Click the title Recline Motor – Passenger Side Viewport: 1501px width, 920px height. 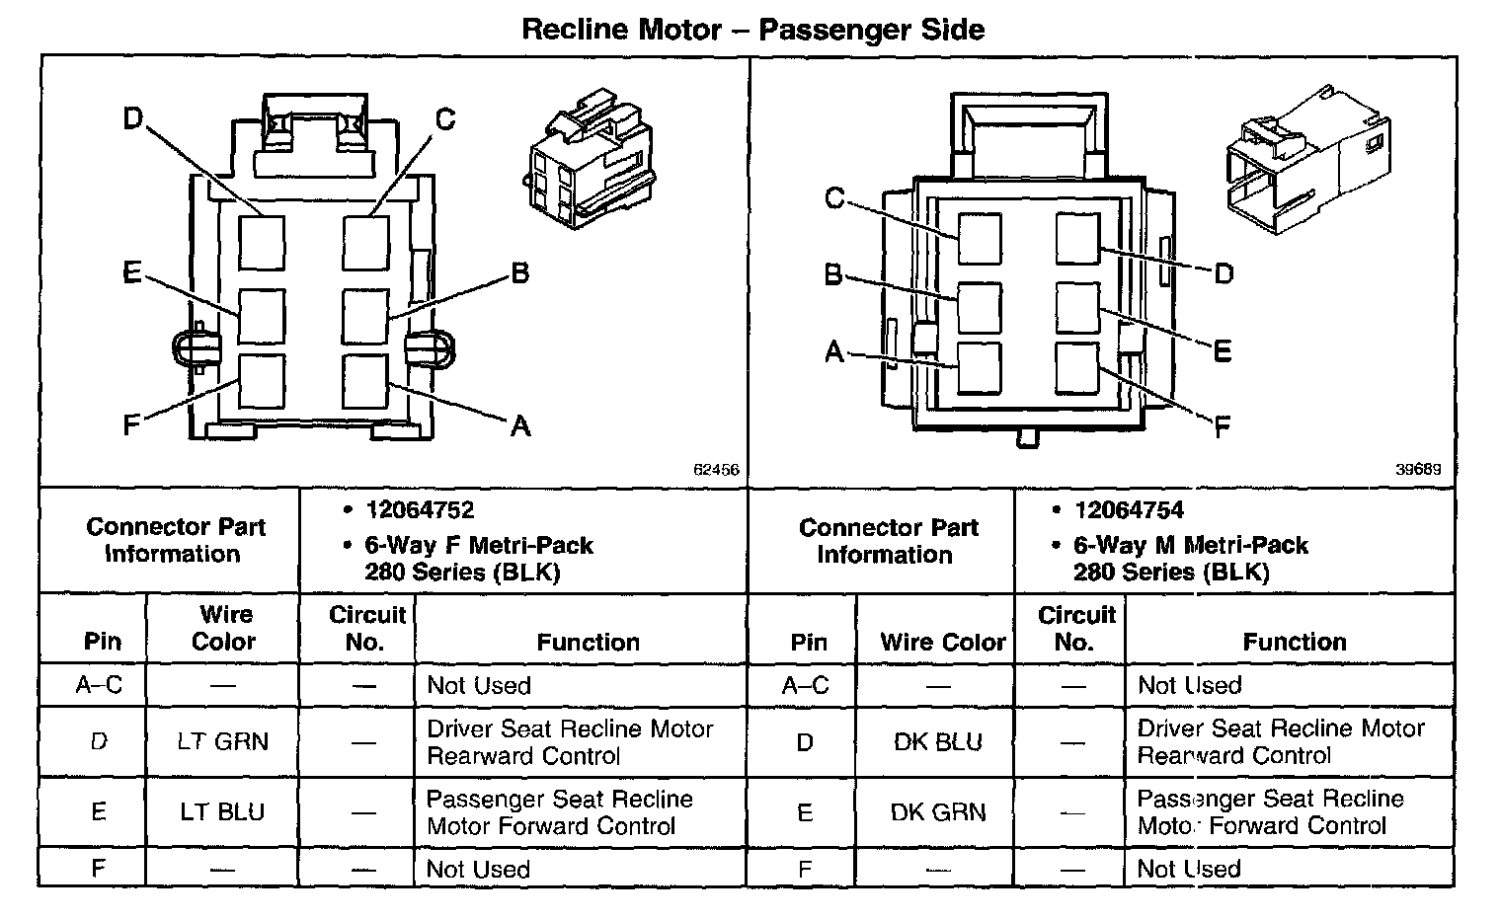[x=751, y=30]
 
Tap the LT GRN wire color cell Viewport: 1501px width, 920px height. [x=222, y=741]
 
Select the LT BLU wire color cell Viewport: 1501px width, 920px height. [x=222, y=811]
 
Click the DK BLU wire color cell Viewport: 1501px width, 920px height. [x=937, y=741]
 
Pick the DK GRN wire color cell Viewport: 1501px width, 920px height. [x=937, y=811]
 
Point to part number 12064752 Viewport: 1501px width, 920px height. [x=420, y=510]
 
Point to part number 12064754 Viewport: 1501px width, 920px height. [x=1129, y=510]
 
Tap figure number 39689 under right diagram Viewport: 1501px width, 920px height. [x=1417, y=471]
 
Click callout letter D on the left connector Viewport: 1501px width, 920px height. [x=132, y=119]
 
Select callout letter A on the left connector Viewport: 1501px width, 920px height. [x=520, y=425]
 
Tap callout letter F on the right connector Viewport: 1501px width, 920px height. [x=1222, y=427]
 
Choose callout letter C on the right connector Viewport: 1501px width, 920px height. [x=834, y=198]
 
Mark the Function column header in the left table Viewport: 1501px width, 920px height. [x=588, y=642]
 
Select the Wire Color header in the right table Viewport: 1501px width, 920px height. [x=942, y=642]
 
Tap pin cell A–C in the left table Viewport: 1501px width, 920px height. [x=99, y=685]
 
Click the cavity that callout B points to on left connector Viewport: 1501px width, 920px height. [x=365, y=317]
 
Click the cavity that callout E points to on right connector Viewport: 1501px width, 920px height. [x=1077, y=307]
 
